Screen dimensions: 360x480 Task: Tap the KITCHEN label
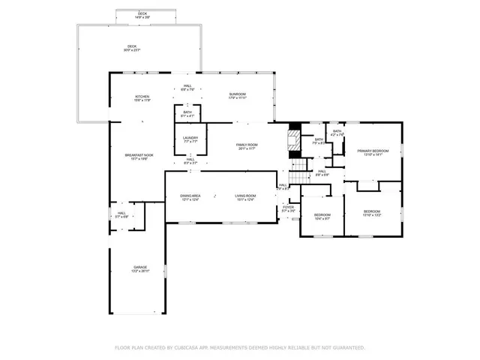click(x=142, y=97)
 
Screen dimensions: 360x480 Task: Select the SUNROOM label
click(x=237, y=94)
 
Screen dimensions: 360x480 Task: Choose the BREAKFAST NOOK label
click(x=138, y=155)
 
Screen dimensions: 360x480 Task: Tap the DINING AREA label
click(x=190, y=196)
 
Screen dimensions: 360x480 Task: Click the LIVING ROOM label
click(x=245, y=196)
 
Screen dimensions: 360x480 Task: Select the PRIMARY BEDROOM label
click(x=373, y=151)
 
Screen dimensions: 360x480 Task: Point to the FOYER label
click(x=288, y=208)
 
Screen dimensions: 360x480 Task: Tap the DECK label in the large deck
click(x=132, y=47)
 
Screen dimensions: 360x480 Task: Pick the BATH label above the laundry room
click(x=187, y=112)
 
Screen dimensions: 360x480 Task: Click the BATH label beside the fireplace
click(x=319, y=139)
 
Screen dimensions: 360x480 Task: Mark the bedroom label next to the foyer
click(x=322, y=215)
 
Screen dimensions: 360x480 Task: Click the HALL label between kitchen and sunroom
click(x=187, y=86)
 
